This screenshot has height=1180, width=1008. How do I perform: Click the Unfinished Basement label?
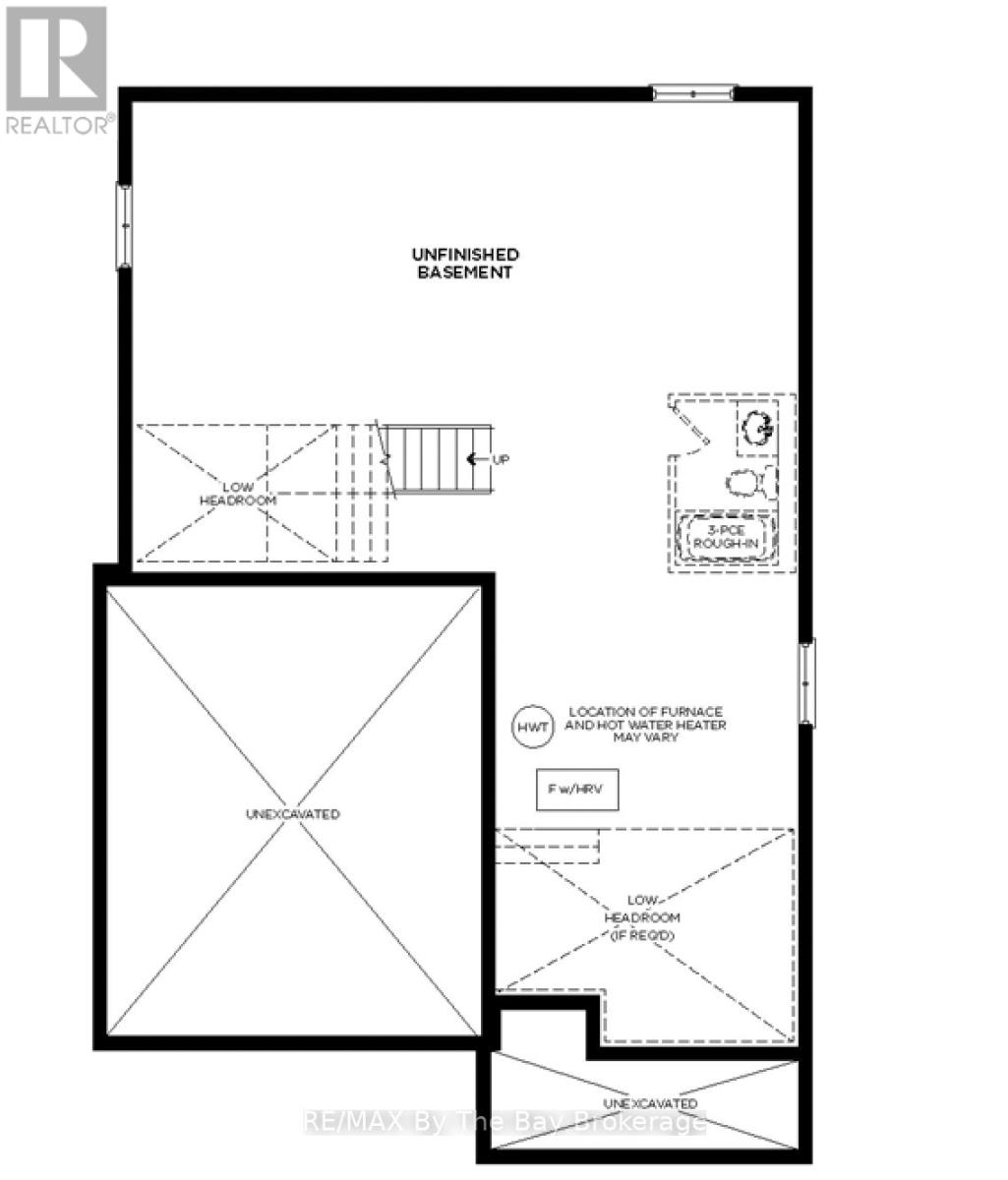[x=465, y=264]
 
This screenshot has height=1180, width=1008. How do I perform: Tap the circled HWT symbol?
[x=533, y=727]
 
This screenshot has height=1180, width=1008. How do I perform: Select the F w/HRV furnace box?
[x=577, y=790]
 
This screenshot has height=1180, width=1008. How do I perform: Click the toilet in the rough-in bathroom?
[x=751, y=483]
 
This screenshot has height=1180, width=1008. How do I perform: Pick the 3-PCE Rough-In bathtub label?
[x=726, y=537]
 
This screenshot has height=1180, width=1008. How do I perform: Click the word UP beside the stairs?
[x=500, y=459]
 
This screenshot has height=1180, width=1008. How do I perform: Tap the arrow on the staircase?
[x=477, y=459]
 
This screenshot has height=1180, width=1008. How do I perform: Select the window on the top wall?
[x=693, y=92]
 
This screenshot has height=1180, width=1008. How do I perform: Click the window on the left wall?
[x=124, y=225]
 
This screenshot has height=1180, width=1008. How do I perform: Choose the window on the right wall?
[x=806, y=682]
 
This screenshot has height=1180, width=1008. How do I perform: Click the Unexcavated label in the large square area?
[x=293, y=814]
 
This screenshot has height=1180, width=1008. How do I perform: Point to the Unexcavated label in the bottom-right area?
[x=650, y=1104]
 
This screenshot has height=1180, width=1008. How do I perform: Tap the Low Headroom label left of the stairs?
[x=238, y=494]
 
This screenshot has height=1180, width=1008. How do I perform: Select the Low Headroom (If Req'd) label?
[x=642, y=918]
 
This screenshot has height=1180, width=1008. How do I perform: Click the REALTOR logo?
[x=57, y=70]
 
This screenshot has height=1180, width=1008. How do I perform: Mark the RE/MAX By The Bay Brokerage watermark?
[x=504, y=1122]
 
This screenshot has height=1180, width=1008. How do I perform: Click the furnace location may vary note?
[x=645, y=725]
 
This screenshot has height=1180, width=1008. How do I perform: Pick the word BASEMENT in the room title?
[x=465, y=272]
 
